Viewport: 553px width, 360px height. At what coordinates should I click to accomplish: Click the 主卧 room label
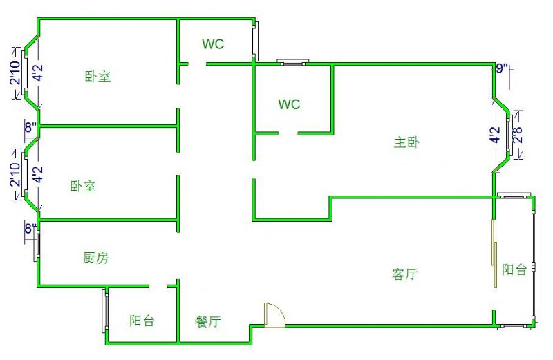[407, 143]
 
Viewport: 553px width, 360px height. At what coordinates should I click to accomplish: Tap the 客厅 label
[404, 274]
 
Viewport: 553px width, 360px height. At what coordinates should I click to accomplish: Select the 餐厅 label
[207, 321]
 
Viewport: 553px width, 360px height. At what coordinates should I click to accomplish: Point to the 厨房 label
[95, 258]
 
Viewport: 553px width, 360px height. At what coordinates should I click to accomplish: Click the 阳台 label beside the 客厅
[514, 269]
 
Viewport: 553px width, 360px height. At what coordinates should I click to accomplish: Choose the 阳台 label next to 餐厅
[142, 321]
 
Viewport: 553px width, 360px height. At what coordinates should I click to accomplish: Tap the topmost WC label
[213, 44]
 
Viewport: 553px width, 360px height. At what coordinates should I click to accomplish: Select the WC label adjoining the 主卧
[289, 104]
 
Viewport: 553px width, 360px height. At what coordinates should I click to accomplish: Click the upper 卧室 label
[98, 76]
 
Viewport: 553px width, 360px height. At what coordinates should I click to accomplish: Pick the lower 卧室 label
[83, 186]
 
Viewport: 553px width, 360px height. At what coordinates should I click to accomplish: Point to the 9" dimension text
[503, 68]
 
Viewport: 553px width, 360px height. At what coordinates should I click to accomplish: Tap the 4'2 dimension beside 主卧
[494, 135]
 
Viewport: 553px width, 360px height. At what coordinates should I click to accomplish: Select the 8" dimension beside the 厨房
[30, 228]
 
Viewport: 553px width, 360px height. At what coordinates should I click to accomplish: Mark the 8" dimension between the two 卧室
[30, 127]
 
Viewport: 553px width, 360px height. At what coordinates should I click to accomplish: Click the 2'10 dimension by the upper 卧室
[15, 73]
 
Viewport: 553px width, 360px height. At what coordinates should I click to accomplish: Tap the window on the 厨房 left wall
[39, 245]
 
